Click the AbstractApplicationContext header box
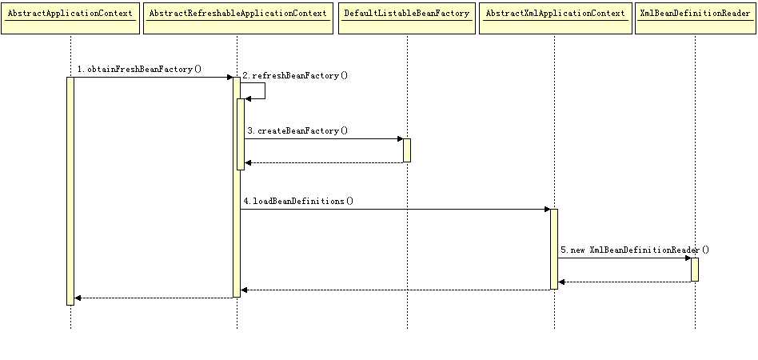[70, 18]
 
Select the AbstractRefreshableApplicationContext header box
[238, 18]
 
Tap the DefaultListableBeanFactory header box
[407, 18]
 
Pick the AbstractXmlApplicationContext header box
[556, 18]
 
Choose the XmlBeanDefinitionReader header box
[695, 18]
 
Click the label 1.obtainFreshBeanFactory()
[139, 69]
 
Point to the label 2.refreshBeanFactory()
[295, 76]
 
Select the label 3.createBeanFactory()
[297, 131]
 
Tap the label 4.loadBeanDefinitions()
[298, 201]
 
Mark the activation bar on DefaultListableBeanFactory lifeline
[407, 150]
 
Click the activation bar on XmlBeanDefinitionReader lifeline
[695, 270]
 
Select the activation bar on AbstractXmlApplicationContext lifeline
[554, 249]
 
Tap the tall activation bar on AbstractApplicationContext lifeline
[70, 191]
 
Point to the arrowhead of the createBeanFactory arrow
[400, 139]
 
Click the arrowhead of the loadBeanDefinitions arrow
[547, 209]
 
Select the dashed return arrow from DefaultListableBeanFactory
[324, 162]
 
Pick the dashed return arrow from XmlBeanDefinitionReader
[624, 282]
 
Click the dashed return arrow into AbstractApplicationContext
[154, 298]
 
